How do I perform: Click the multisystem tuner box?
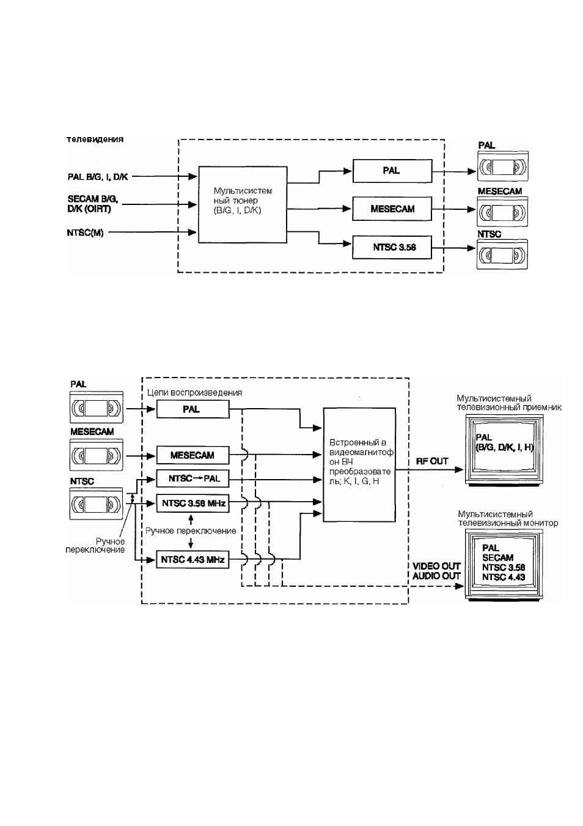click(x=243, y=204)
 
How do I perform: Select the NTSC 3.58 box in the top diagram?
click(x=392, y=247)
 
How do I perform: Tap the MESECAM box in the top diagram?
click(x=392, y=209)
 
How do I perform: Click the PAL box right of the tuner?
click(x=392, y=171)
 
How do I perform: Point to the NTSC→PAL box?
click(x=193, y=478)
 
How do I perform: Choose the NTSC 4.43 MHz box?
click(x=193, y=559)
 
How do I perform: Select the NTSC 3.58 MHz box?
click(x=193, y=504)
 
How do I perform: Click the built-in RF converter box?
click(x=359, y=464)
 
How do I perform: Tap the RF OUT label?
click(x=432, y=461)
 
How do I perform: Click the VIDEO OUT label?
click(x=436, y=566)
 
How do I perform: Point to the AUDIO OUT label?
click(x=436, y=576)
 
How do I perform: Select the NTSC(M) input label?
click(x=85, y=233)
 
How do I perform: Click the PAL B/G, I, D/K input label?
click(x=98, y=177)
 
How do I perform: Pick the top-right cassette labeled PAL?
click(x=503, y=166)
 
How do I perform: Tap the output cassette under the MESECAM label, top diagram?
click(x=502, y=212)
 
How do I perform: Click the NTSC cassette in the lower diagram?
click(x=96, y=504)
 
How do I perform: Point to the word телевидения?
click(x=95, y=140)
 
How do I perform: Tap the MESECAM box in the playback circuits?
click(x=193, y=455)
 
